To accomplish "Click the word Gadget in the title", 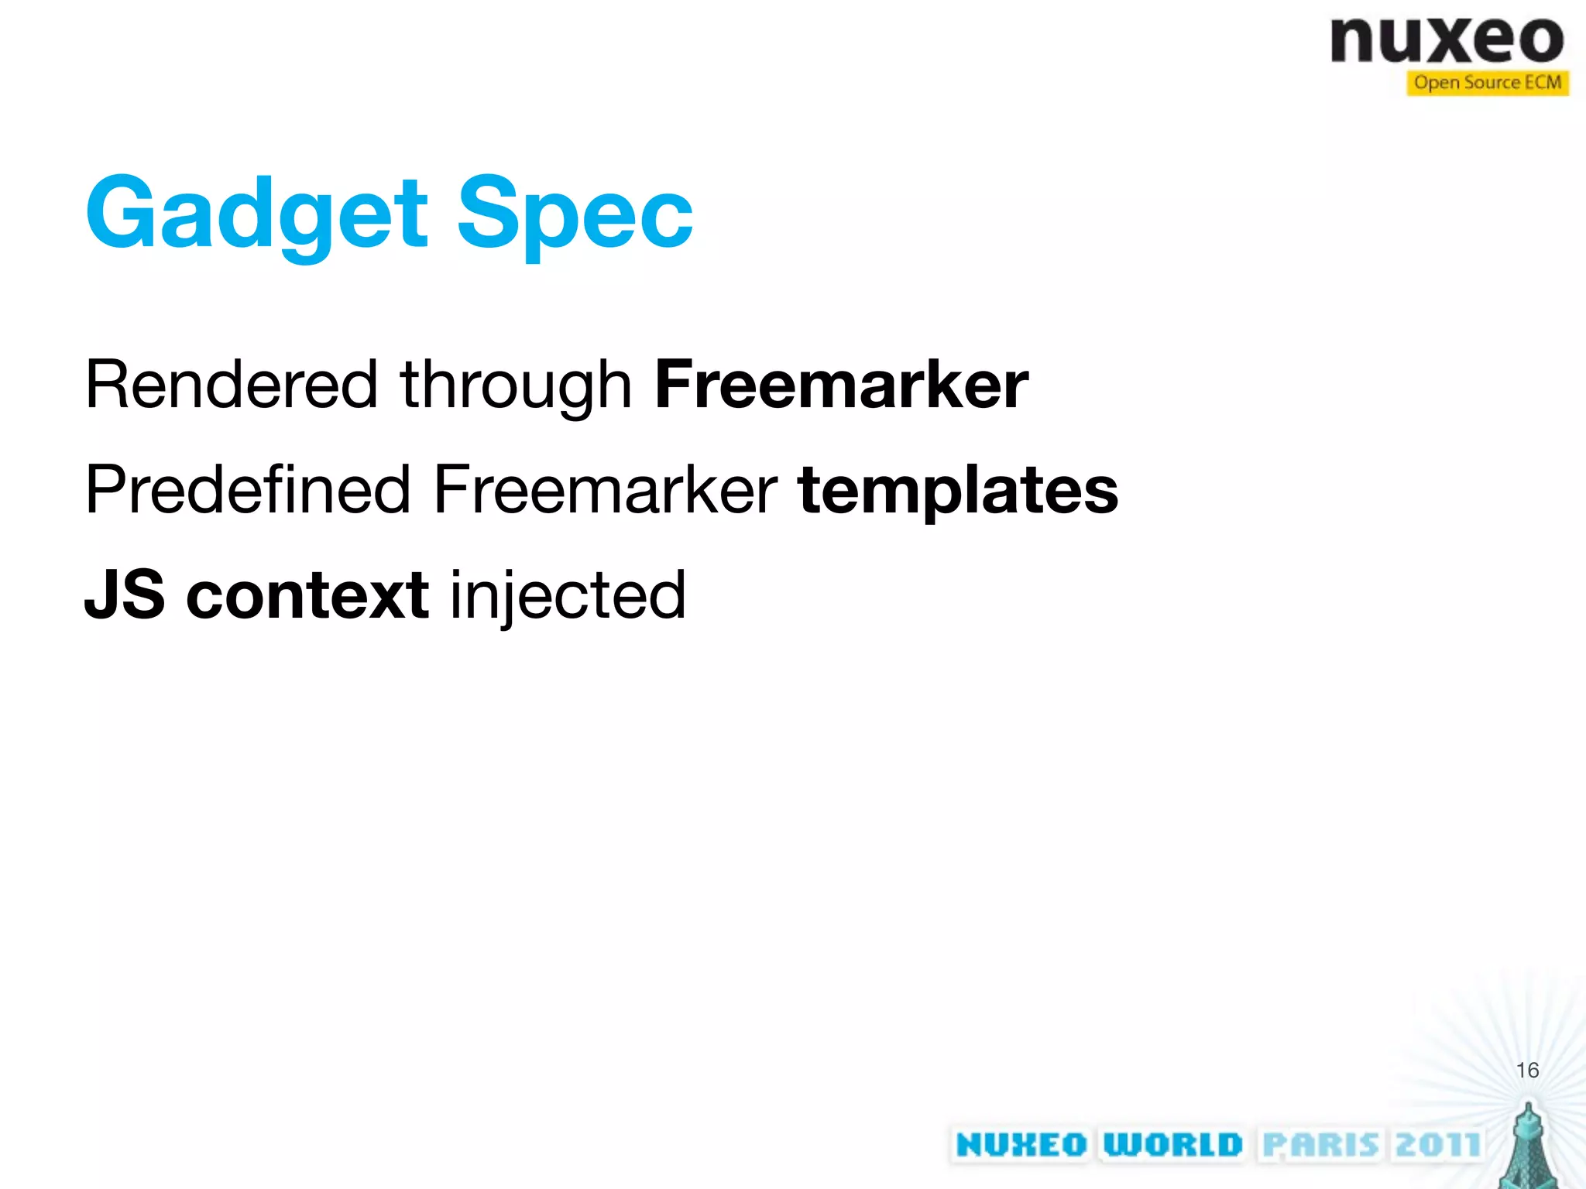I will (256, 213).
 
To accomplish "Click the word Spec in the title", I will (575, 213).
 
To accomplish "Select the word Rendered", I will (231, 385).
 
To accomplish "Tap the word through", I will (516, 385).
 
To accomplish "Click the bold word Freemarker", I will (841, 385).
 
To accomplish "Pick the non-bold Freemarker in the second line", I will (605, 489).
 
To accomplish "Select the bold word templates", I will (958, 489).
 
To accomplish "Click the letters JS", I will (125, 594).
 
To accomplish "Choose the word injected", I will (568, 594).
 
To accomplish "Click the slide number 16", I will (1527, 1071).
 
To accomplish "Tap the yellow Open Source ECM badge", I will (1487, 83).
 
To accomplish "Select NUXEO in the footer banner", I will (1021, 1145).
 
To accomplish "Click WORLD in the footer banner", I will (1172, 1145).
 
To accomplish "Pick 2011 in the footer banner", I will (1437, 1145).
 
